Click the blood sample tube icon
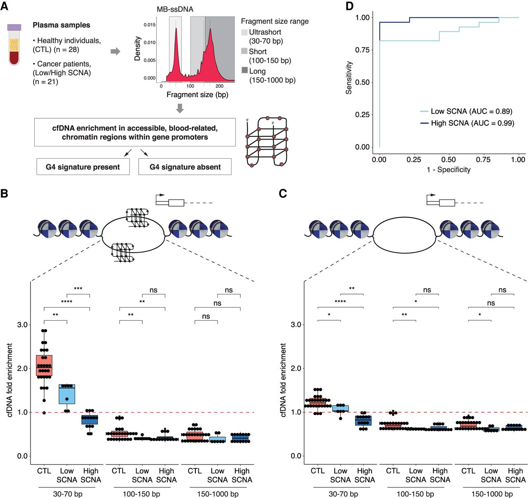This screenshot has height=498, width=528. pyautogui.click(x=14, y=45)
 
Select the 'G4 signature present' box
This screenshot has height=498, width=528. pyautogui.click(x=83, y=167)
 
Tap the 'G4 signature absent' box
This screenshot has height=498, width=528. pyautogui.click(x=185, y=167)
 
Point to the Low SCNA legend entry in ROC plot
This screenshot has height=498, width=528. pyautogui.click(x=466, y=111)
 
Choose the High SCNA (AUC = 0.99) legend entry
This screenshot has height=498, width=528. pyautogui.click(x=467, y=123)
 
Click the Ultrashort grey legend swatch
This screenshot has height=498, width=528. pyautogui.click(x=244, y=32)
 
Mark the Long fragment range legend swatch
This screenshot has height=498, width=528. pyautogui.click(x=244, y=71)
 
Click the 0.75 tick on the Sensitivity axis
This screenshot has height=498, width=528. pyautogui.click(x=362, y=50)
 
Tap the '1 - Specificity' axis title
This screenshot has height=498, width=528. pyautogui.click(x=448, y=169)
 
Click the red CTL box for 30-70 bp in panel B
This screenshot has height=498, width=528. pyautogui.click(x=44, y=365)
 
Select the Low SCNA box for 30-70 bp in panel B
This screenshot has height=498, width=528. pyautogui.click(x=67, y=394)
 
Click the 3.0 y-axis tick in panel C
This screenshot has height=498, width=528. pyautogui.click(x=296, y=324)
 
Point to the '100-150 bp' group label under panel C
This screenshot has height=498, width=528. pyautogui.click(x=415, y=494)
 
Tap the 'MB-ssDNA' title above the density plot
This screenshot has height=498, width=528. pyautogui.click(x=175, y=9)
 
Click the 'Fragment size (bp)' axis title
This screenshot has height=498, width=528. pyautogui.click(x=197, y=95)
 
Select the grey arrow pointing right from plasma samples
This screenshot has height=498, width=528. pyautogui.click(x=115, y=52)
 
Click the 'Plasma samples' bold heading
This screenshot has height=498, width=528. pyautogui.click(x=61, y=25)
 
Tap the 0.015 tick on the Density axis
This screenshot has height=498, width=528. pyautogui.click(x=150, y=25)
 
